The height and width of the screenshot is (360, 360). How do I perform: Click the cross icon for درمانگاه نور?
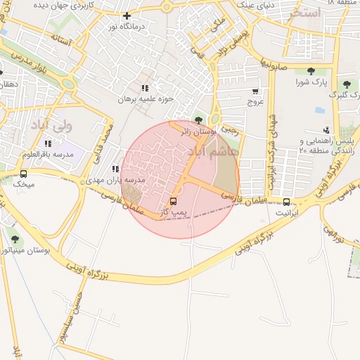pos(127,15)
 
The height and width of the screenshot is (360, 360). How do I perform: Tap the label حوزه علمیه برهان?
pos(145,99)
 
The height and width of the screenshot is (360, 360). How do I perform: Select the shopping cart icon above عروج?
pos(255,91)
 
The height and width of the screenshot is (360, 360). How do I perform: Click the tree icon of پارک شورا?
pos(310,70)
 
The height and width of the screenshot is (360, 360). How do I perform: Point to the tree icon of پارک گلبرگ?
pos(345,84)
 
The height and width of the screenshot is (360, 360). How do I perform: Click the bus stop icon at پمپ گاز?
pos(174,200)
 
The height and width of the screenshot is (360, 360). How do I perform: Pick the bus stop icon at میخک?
pos(23,174)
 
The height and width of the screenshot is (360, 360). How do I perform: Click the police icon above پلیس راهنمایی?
pos(326,130)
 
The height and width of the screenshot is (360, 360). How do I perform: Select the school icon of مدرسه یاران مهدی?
pos(115,169)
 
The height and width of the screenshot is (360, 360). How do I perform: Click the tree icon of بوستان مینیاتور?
pos(15,239)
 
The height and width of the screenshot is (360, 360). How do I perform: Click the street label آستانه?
pos(60,41)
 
